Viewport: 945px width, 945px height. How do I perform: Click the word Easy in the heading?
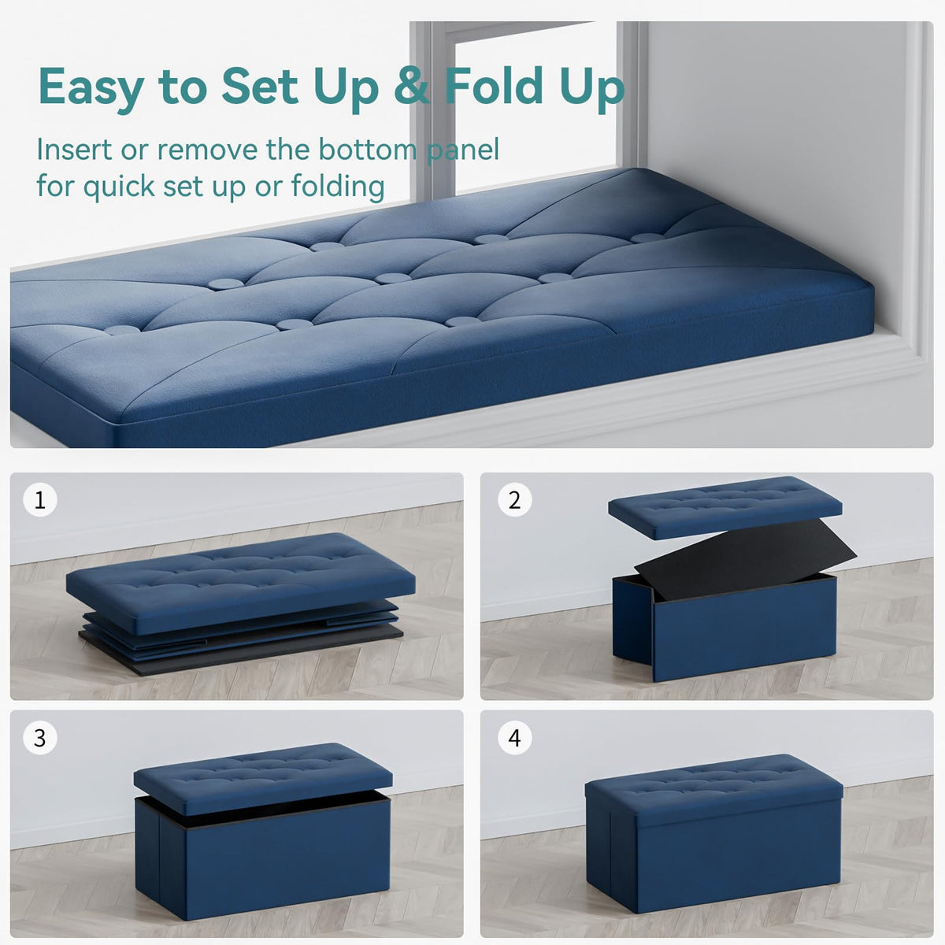click(91, 87)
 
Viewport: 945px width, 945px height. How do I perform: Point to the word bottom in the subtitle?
click(367, 150)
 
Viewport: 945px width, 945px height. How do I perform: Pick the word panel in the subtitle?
click(463, 150)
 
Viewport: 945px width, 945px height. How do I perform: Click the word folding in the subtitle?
click(338, 187)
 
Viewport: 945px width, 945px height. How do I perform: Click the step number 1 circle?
click(39, 500)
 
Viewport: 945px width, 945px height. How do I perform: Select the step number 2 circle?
click(514, 500)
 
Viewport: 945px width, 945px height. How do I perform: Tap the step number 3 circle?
click(39, 738)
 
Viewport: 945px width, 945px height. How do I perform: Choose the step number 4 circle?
click(514, 738)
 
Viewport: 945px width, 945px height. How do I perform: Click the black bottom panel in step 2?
click(746, 559)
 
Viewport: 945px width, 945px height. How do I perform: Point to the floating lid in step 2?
click(724, 507)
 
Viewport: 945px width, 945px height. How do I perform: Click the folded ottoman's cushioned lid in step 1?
click(240, 583)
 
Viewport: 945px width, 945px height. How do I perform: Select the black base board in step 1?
click(240, 647)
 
